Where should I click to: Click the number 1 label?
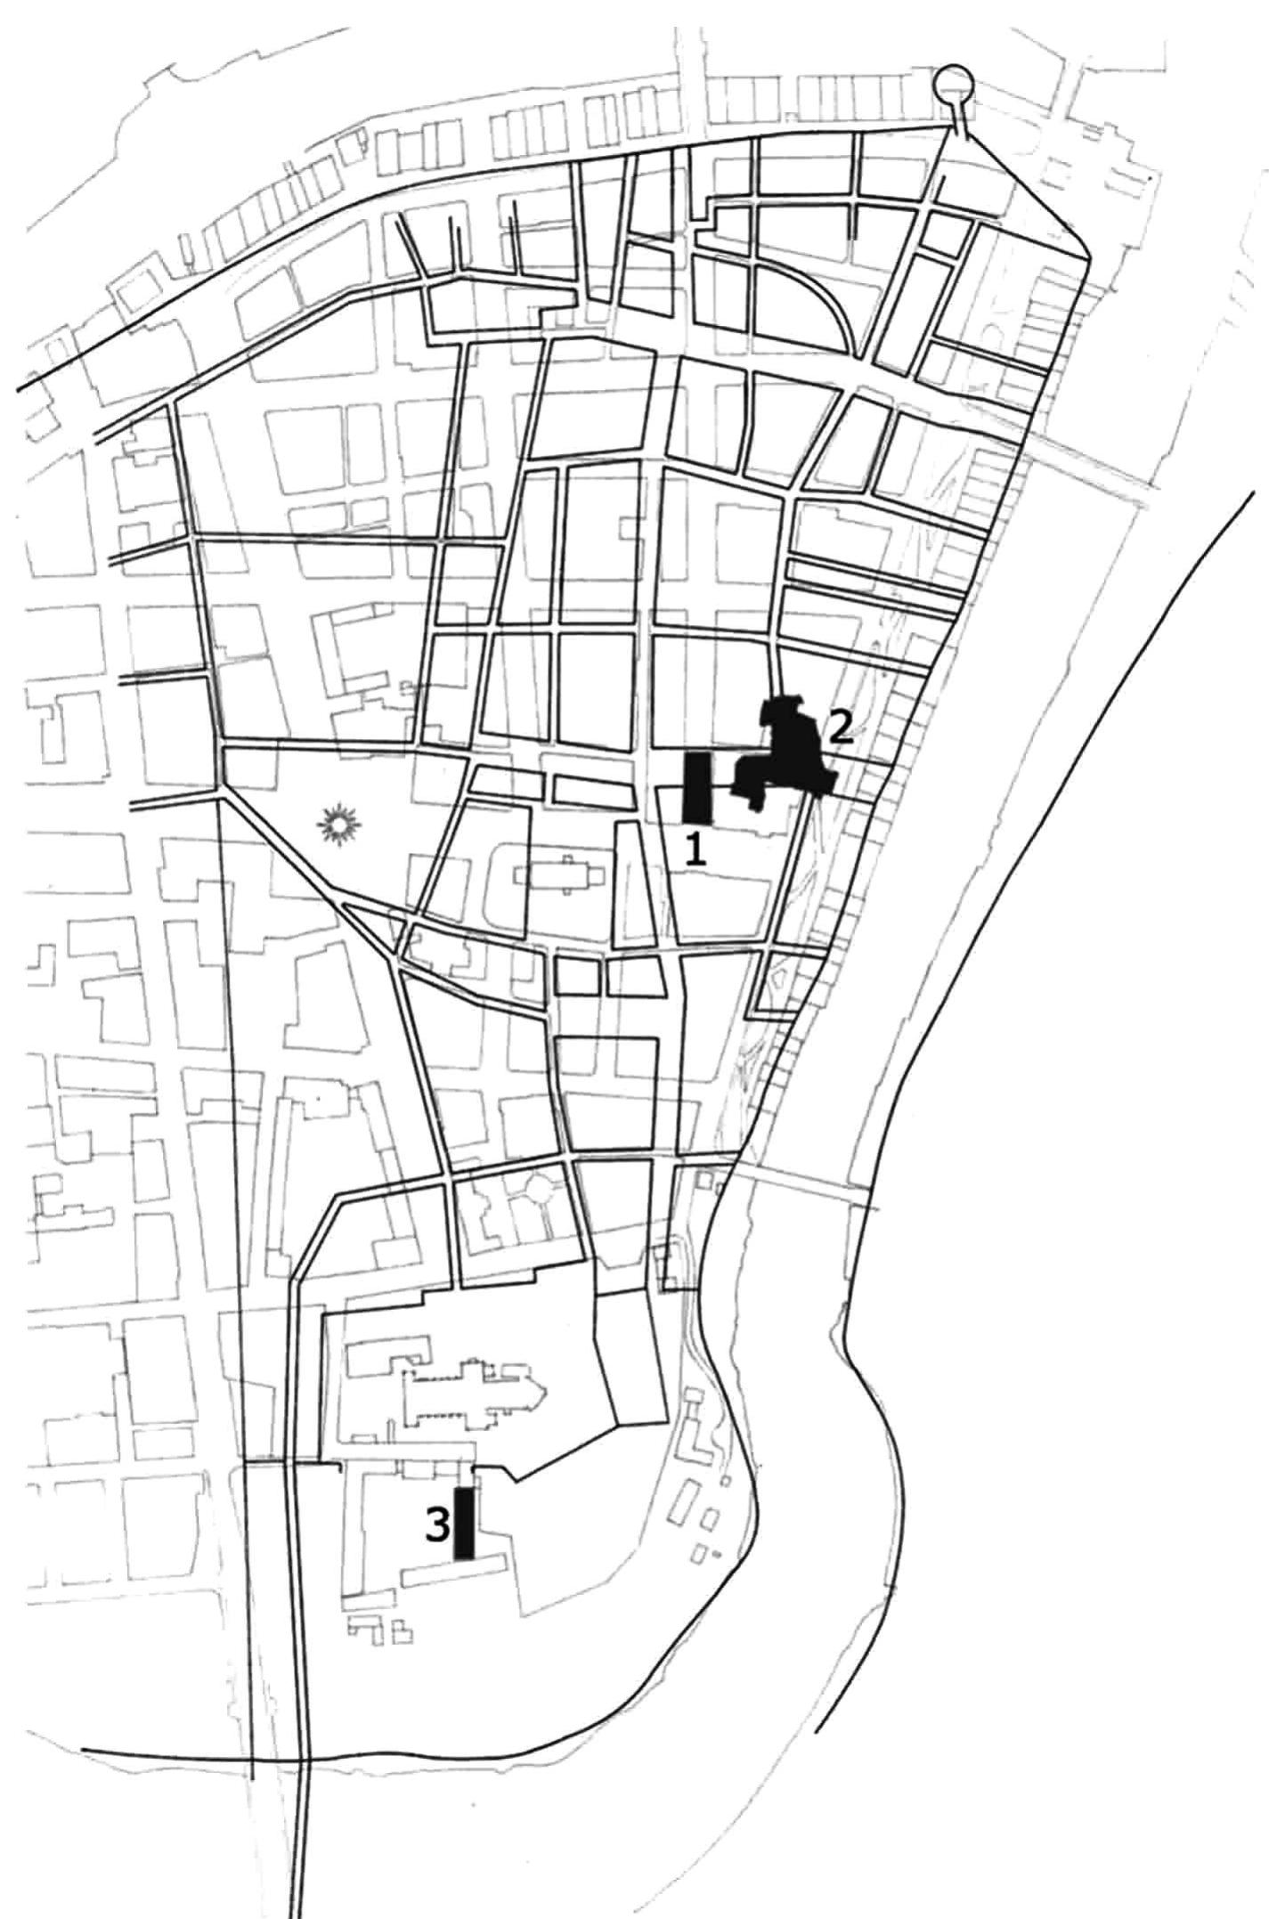[695, 851]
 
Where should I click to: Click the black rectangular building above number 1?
[696, 787]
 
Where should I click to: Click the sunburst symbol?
[341, 825]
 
